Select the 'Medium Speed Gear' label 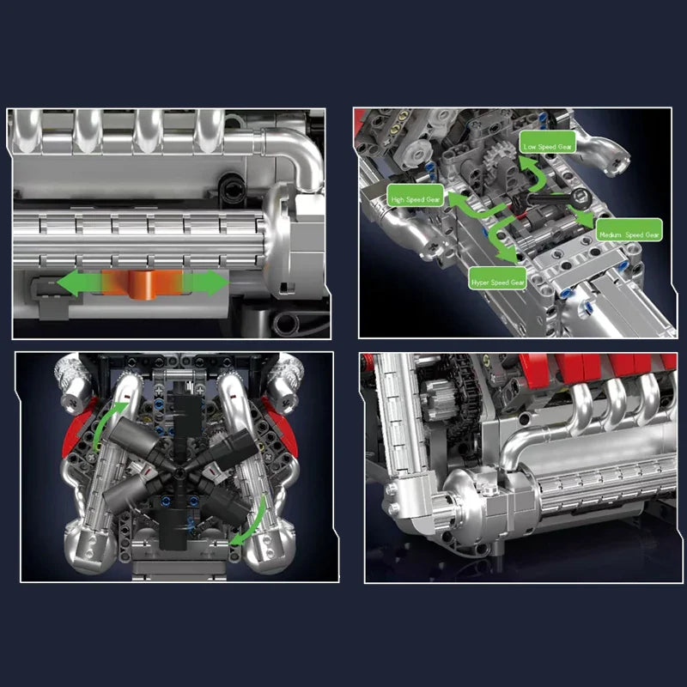(629, 234)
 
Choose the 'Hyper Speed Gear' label (497, 281)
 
